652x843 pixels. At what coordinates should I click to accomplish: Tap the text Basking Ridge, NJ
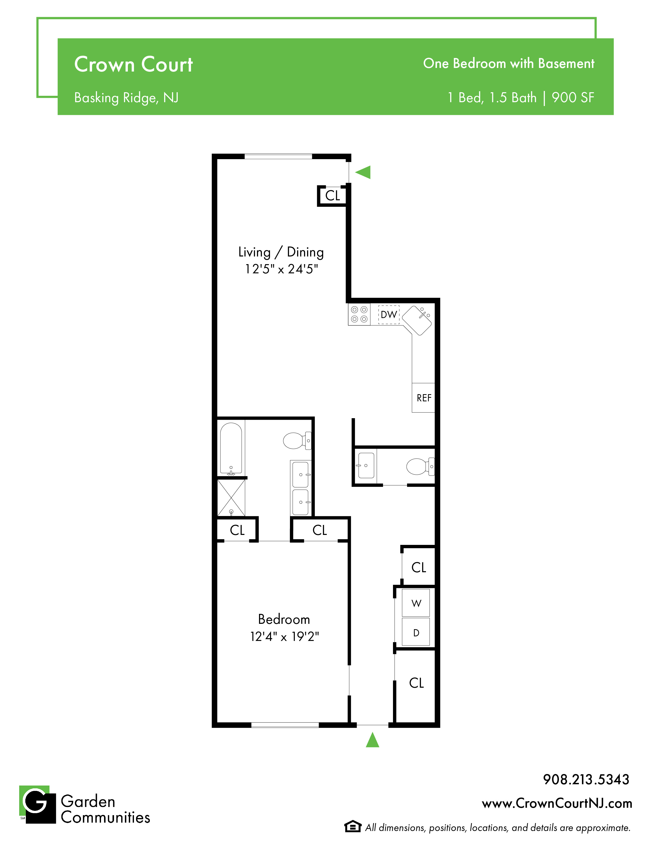tap(126, 98)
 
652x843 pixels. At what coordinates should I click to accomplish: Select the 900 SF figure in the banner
tap(572, 98)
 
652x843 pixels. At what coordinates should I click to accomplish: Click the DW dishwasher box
tap(389, 314)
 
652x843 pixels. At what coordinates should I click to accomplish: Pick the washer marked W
tap(416, 603)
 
